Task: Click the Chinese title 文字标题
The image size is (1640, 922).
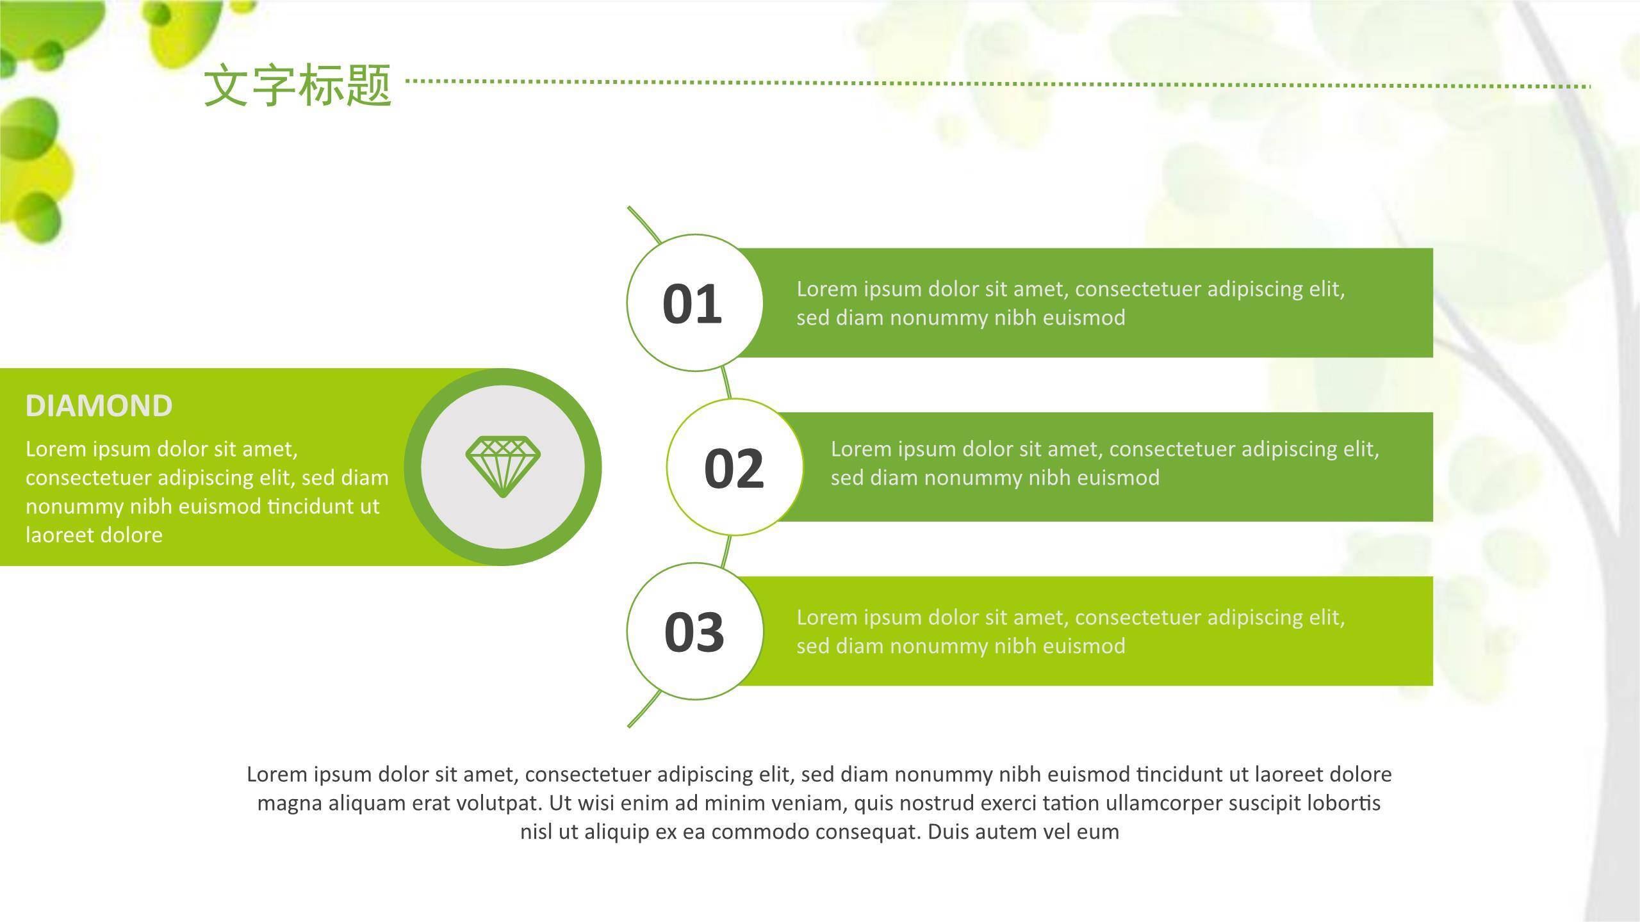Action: click(x=298, y=85)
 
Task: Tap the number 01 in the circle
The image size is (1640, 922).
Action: click(x=692, y=303)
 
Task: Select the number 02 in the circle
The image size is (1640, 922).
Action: click(x=734, y=468)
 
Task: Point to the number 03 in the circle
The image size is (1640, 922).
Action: click(x=694, y=632)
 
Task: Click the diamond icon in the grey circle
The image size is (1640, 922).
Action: click(x=503, y=467)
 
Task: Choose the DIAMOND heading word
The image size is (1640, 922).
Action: click(x=99, y=406)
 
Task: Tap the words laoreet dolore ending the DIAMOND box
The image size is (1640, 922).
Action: click(x=94, y=535)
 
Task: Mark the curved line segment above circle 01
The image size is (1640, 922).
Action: click(x=645, y=224)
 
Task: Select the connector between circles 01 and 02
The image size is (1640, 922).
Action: click(x=726, y=383)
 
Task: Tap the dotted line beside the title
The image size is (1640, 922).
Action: click(x=999, y=83)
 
